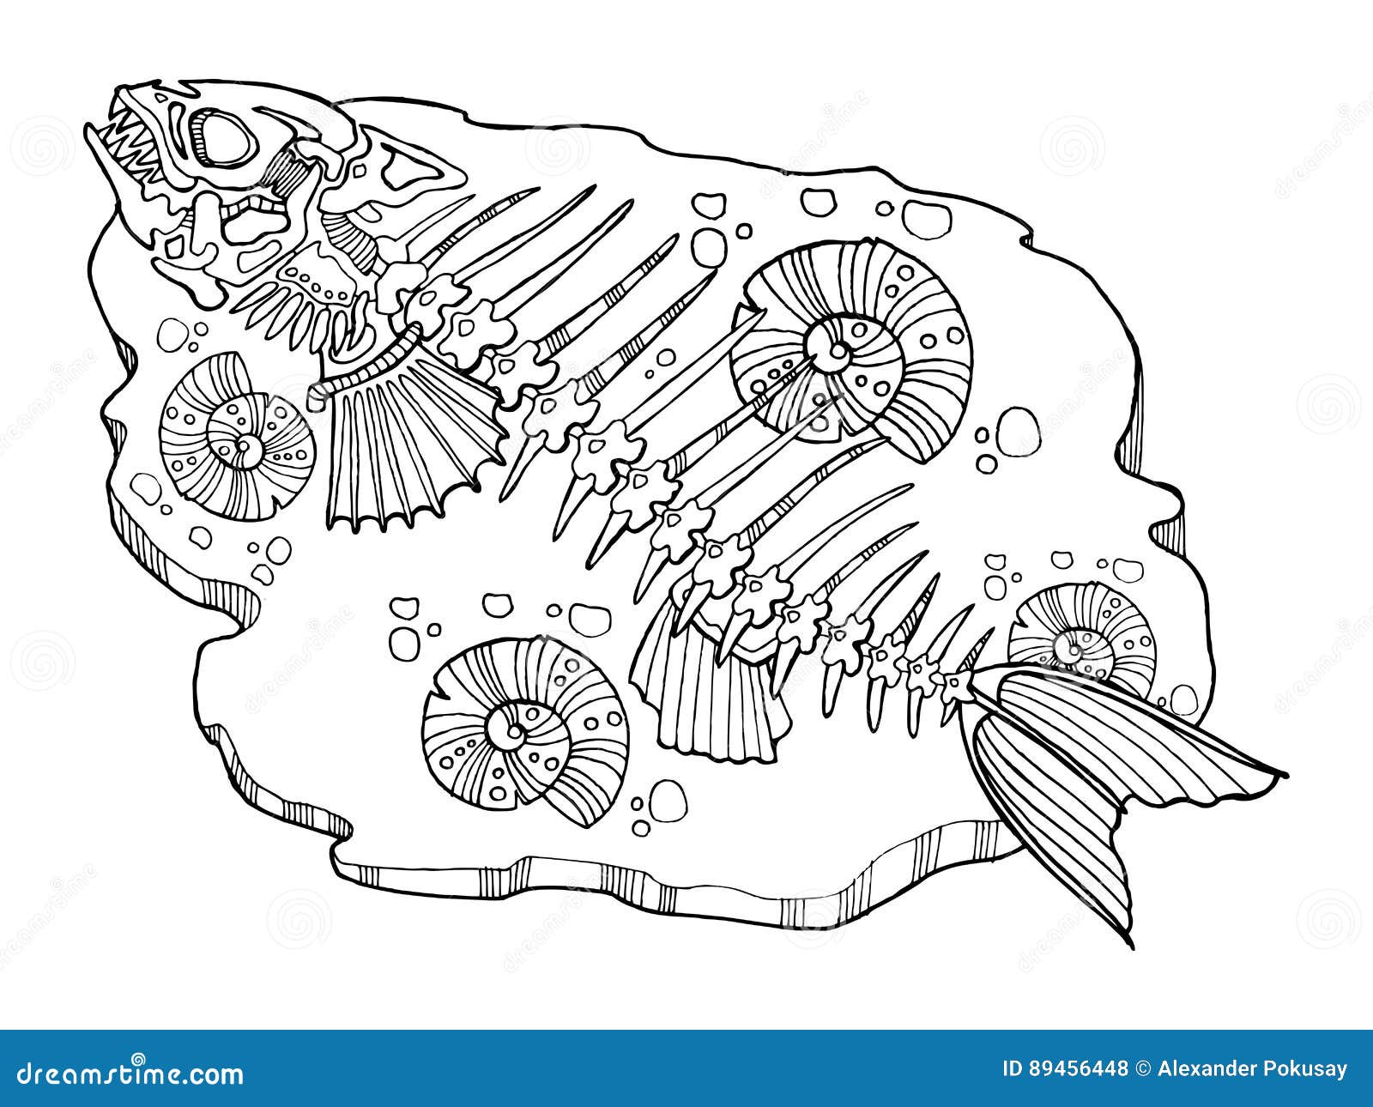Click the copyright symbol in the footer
1142,1069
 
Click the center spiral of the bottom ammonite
515,729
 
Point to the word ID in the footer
1014,1069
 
